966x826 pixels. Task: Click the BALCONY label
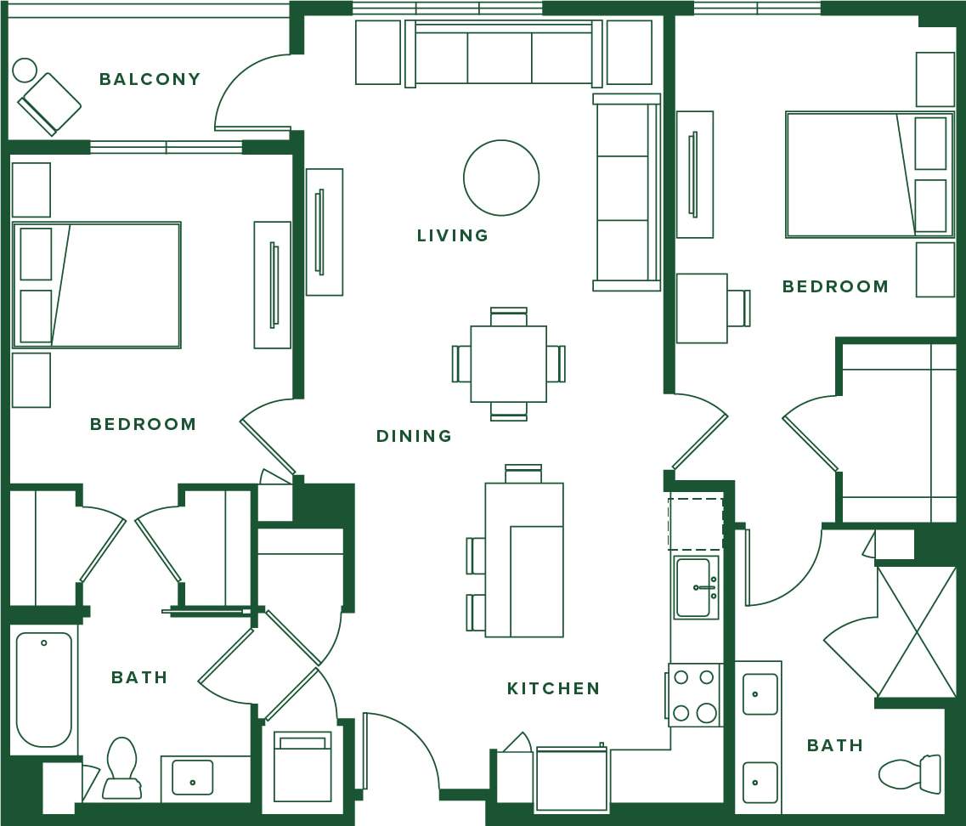(x=150, y=79)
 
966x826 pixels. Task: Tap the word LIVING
(x=453, y=235)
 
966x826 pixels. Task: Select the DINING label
(x=414, y=436)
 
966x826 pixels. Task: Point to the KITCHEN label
(x=553, y=688)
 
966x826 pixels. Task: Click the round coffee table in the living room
(x=501, y=178)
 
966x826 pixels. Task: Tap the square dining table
(x=508, y=364)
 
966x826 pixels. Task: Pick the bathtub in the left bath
(x=44, y=688)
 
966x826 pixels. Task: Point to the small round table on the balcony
(x=25, y=70)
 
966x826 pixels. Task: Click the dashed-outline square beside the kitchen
(x=695, y=523)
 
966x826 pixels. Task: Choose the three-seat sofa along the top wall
(x=503, y=56)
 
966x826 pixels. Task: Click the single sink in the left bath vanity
(x=193, y=778)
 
